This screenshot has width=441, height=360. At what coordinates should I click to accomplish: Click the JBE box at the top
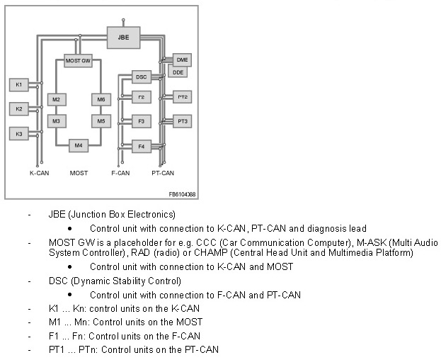122,33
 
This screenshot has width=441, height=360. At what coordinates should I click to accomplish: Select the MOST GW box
78,62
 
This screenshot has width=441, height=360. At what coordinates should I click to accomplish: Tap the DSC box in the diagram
142,76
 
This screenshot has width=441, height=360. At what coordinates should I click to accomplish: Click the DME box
182,60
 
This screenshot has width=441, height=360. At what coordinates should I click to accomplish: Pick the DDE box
178,72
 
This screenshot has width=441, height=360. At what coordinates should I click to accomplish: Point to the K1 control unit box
19,85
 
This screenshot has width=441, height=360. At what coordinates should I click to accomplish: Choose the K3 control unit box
19,133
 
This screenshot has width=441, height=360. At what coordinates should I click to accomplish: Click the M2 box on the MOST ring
56,99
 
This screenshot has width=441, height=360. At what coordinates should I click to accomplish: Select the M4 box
78,145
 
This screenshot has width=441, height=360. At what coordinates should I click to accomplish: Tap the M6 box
101,99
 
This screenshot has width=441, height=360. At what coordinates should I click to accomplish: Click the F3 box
142,121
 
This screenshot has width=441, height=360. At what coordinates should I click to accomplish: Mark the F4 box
142,147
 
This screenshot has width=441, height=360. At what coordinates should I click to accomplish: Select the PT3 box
183,121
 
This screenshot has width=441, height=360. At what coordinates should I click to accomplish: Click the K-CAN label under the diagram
39,173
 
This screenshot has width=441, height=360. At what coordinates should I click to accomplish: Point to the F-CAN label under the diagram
120,173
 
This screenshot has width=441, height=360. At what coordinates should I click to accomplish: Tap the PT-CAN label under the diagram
163,173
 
